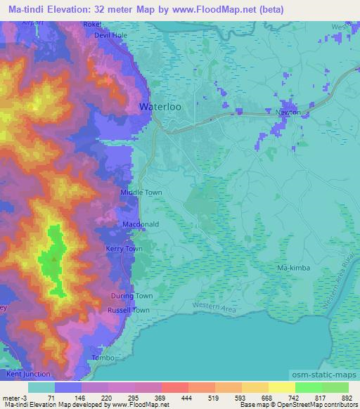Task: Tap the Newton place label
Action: [x=288, y=112]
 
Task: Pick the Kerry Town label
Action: [x=124, y=249]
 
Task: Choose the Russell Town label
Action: [x=129, y=310]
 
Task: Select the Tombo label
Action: [x=103, y=358]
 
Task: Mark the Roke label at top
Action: [x=92, y=24]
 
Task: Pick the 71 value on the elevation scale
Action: [x=51, y=398]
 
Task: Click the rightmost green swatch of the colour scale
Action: [x=335, y=387]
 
